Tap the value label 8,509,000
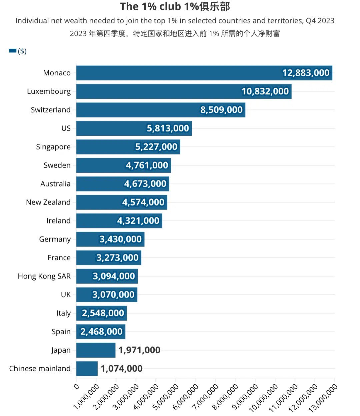221,110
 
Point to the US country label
66,128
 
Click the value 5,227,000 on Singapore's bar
156,147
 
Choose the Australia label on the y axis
55,184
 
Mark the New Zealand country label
48,202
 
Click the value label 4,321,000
138,221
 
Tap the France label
59,258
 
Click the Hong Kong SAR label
44,276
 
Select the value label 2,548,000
103,313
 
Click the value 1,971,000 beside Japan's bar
139,350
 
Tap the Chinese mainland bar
87,369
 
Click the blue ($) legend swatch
13,51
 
